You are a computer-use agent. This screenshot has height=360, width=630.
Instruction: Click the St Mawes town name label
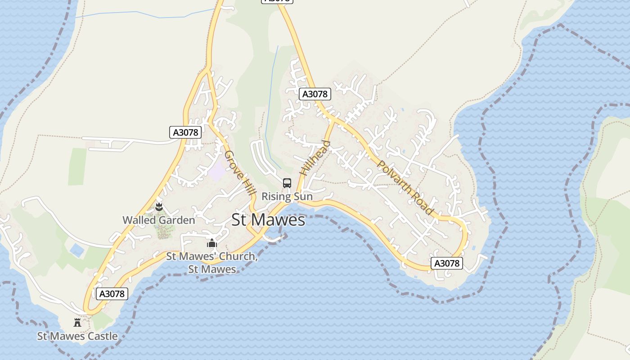pos(268,220)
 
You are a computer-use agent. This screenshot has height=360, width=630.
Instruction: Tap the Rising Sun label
pos(287,197)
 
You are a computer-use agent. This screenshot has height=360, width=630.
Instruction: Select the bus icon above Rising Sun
pos(287,183)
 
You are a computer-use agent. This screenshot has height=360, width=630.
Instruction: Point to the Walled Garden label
pos(159,220)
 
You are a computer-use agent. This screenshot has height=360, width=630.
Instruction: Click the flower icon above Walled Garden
pos(158,207)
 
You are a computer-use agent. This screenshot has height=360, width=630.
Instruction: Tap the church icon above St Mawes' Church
pos(212,243)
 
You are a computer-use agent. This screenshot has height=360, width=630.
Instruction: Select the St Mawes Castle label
pos(77,336)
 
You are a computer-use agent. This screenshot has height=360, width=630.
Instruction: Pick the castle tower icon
pos(77,322)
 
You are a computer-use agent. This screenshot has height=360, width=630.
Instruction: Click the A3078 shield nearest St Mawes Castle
pos(112,294)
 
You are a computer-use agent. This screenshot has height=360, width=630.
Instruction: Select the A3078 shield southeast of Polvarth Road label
pos(447,263)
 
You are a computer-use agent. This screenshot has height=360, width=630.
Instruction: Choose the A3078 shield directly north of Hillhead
pos(315,94)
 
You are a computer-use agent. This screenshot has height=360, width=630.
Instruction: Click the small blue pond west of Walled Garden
pos(77,250)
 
